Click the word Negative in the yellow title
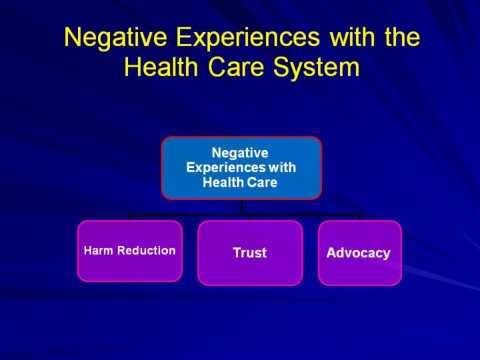click(x=115, y=37)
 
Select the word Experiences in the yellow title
click(x=248, y=38)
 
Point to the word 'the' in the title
click(x=402, y=37)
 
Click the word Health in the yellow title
click(x=161, y=67)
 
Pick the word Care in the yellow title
click(x=236, y=67)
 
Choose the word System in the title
click(x=316, y=69)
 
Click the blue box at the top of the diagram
click(x=241, y=168)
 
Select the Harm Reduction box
click(x=130, y=251)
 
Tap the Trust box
click(x=250, y=253)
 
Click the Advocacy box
click(x=360, y=253)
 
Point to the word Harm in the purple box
click(x=99, y=251)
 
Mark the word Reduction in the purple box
click(x=147, y=251)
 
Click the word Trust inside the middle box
click(x=250, y=253)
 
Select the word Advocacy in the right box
click(x=359, y=253)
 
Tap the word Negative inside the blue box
click(x=240, y=153)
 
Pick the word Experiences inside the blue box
click(x=226, y=168)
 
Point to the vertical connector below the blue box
click(x=241, y=207)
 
